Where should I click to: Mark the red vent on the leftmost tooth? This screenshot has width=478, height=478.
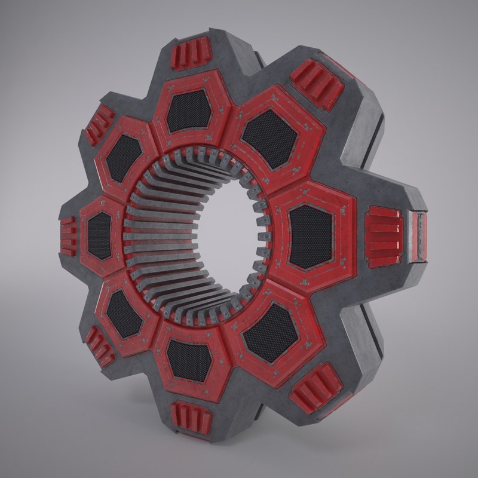pyautogui.click(x=68, y=236)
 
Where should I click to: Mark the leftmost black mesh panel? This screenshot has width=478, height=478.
pyautogui.click(x=100, y=235)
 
